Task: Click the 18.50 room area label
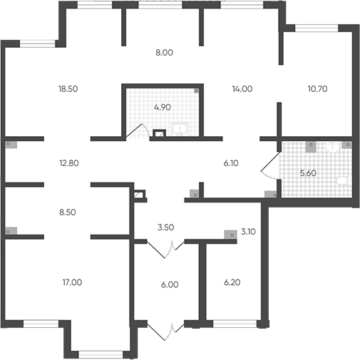68,89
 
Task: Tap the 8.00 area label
164,53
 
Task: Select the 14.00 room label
242,89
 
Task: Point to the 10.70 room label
317,89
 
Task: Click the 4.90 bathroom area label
163,107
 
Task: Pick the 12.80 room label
69,163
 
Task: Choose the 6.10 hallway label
231,163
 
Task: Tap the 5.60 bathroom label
308,173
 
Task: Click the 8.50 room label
68,212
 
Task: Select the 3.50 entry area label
165,227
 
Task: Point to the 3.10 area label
248,232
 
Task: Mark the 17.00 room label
72,282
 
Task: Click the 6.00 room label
170,284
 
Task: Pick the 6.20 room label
232,282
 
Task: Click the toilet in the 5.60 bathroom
344,181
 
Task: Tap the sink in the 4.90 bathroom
180,130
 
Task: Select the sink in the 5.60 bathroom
334,147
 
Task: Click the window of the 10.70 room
317,28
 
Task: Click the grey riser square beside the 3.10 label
230,235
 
